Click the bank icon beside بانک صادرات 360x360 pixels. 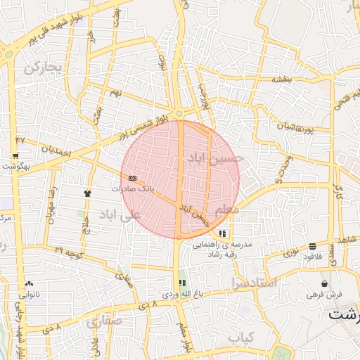pyautogui.click(x=133, y=179)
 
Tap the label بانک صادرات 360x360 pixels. pyautogui.click(x=133, y=189)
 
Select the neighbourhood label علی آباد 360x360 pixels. pyautogui.click(x=120, y=214)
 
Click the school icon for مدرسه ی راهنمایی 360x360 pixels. pyautogui.click(x=223, y=233)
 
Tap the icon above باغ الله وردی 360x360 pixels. pyautogui.click(x=183, y=283)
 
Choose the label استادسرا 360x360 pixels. pyautogui.click(x=253, y=283)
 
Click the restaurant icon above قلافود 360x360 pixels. pyautogui.click(x=311, y=246)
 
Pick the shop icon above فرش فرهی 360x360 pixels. pyautogui.click(x=323, y=283)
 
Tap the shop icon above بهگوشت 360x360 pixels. pyautogui.click(x=15, y=155)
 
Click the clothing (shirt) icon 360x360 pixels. pyautogui.click(x=87, y=192)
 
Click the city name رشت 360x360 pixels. pyautogui.click(x=345, y=314)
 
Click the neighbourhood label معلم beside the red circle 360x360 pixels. pyautogui.click(x=226, y=210)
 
